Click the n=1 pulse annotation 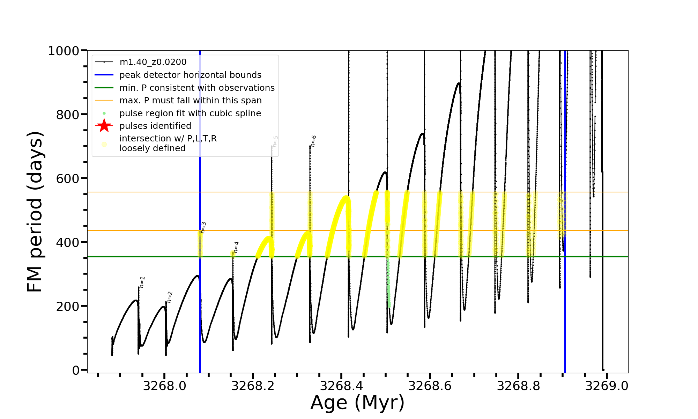[142, 282]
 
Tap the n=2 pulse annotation [170, 297]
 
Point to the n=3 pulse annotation [203, 228]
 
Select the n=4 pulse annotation [236, 247]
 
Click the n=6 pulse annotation [313, 141]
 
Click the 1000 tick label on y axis [64, 51]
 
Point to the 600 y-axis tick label [68, 178]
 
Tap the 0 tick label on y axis [76, 370]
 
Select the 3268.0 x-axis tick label [165, 386]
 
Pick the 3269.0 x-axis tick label [607, 386]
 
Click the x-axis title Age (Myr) [357, 403]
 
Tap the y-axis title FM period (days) [35, 212]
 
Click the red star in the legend [104, 126]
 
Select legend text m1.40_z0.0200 [153, 62]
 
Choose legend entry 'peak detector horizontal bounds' [190, 75]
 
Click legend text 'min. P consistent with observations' [197, 88]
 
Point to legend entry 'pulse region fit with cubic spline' [190, 113]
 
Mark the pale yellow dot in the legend [104, 144]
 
